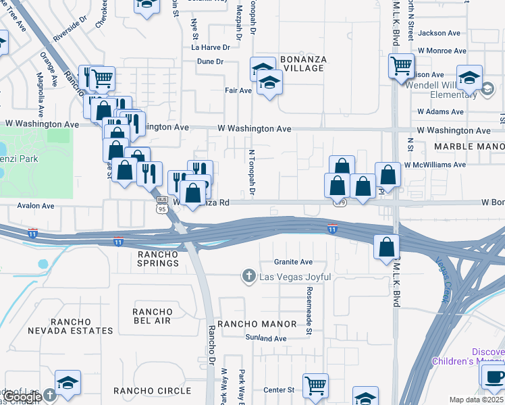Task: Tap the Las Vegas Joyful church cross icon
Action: pyautogui.click(x=248, y=276)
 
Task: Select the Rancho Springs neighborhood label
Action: pyautogui.click(x=157, y=259)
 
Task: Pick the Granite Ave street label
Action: pyautogui.click(x=293, y=262)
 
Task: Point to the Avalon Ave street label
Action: pyautogui.click(x=35, y=206)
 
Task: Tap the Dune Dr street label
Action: pyautogui.click(x=210, y=61)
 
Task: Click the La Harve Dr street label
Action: pyautogui.click(x=211, y=47)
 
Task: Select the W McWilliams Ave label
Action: pyautogui.click(x=435, y=165)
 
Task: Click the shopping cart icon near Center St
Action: pyautogui.click(x=315, y=385)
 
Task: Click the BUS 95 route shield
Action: pyautogui.click(x=162, y=205)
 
